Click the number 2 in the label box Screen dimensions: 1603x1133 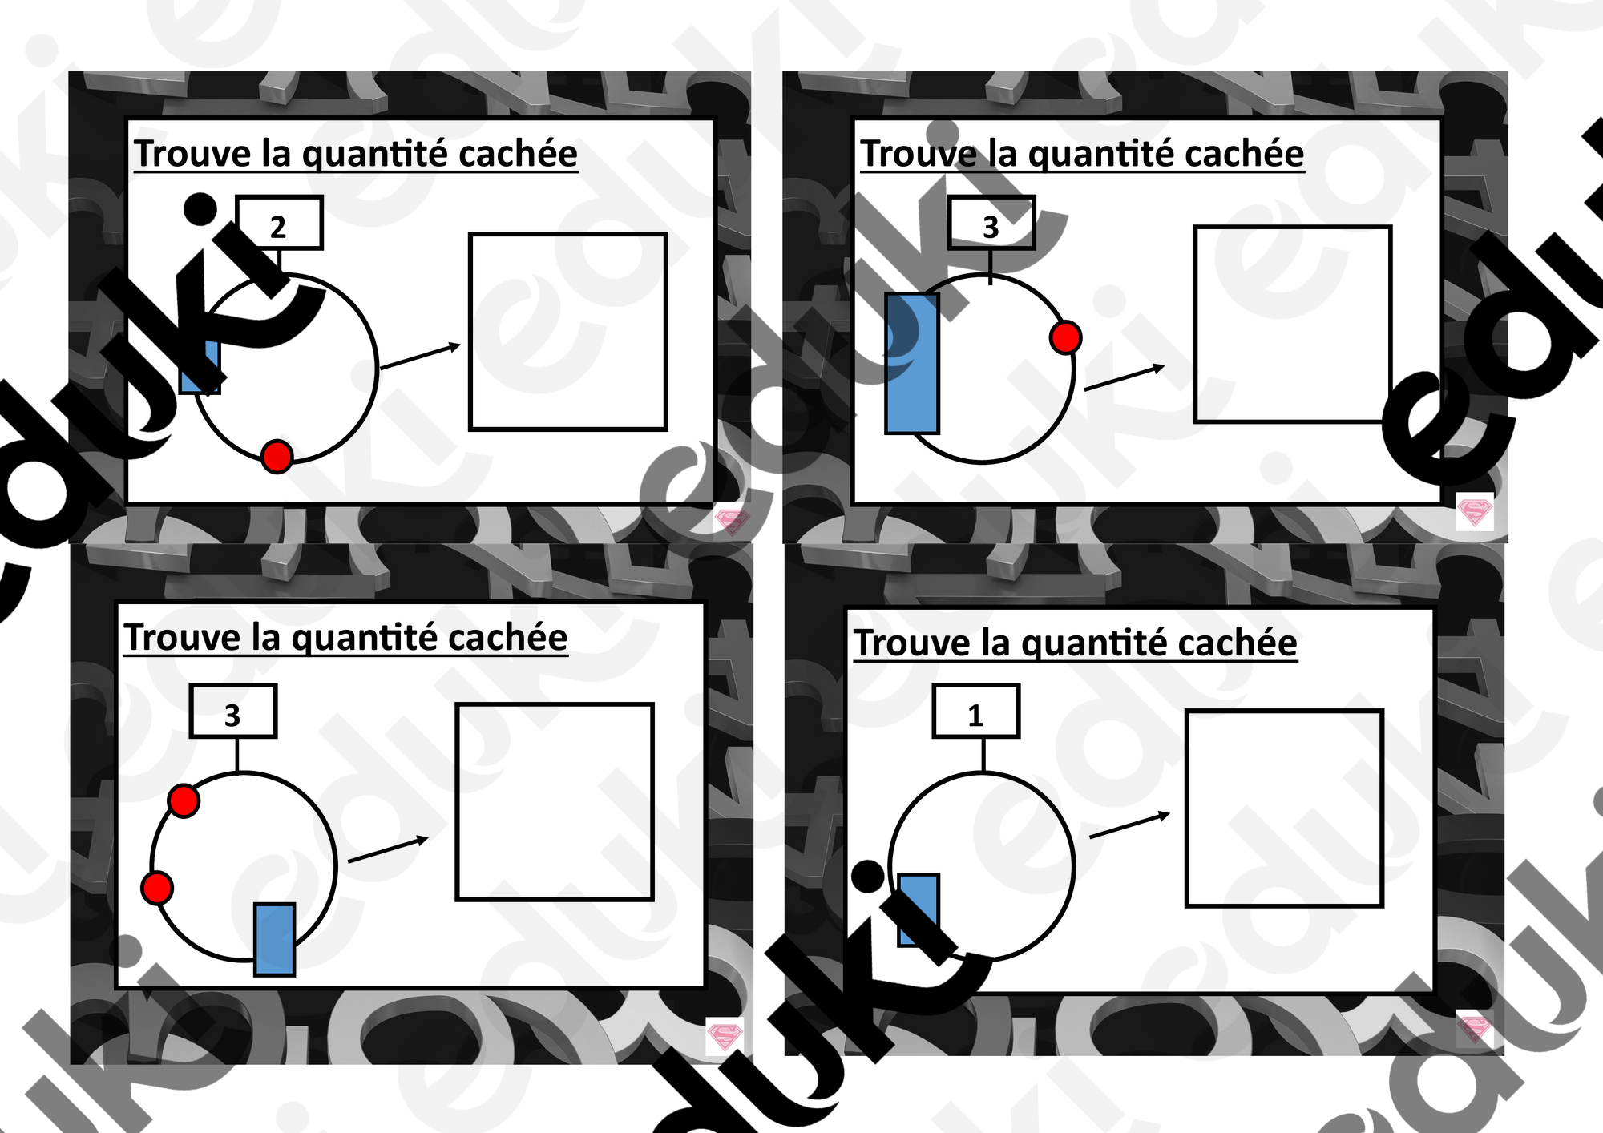point(278,227)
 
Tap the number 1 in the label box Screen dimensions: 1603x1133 point(975,715)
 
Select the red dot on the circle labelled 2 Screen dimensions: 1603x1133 point(277,457)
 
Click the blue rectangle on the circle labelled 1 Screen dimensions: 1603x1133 point(918,909)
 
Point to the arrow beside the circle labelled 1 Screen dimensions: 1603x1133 point(1130,825)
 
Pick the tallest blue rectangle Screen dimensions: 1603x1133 point(911,363)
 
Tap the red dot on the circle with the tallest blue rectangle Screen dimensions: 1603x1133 point(1065,337)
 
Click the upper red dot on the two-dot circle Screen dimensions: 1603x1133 point(184,800)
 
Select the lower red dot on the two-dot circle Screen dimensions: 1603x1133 point(157,888)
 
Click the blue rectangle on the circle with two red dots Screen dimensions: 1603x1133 point(274,939)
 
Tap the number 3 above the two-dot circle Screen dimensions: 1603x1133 point(232,715)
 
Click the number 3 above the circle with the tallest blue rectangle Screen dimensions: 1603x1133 point(991,227)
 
